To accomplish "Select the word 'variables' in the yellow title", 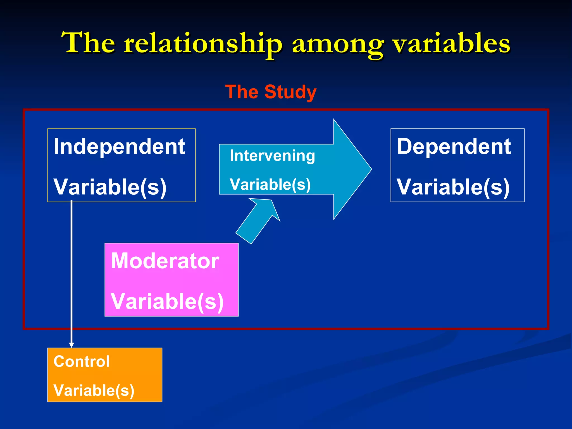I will click(x=452, y=43).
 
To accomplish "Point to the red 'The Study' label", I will click(x=271, y=92).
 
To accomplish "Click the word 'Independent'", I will click(x=119, y=147).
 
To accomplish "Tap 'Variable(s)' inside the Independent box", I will click(x=110, y=187).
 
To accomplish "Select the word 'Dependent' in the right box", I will click(x=454, y=147).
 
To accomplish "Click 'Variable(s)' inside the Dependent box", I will click(x=453, y=187).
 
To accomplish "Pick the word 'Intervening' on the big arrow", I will click(x=272, y=156).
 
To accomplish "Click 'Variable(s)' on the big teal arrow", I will click(x=270, y=185).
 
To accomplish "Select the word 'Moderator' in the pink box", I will click(x=165, y=261).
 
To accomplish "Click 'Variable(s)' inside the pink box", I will click(x=167, y=302).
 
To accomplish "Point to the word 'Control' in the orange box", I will click(x=82, y=361).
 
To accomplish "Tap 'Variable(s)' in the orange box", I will click(x=94, y=390).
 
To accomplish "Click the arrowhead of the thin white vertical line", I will click(x=71, y=345).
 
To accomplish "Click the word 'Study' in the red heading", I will click(x=290, y=92).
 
